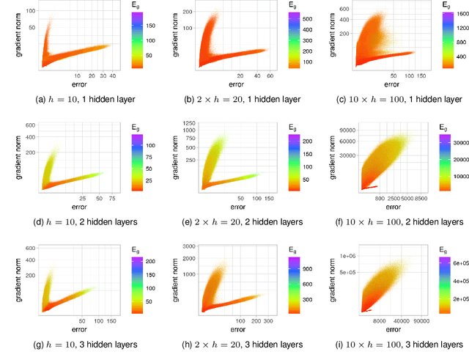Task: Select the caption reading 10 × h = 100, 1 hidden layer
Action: tap(391, 98)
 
